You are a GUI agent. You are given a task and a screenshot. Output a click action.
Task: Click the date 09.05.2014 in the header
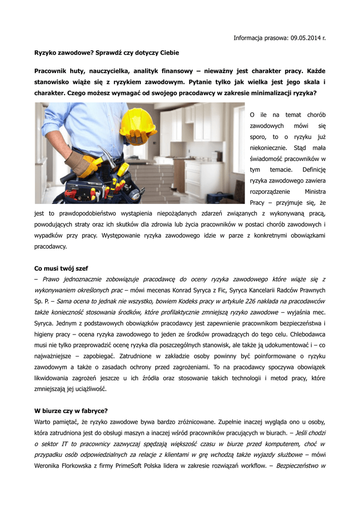304,38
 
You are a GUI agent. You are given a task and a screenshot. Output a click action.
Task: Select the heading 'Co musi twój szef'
61,268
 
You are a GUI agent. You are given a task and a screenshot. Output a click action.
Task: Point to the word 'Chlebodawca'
304,334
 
